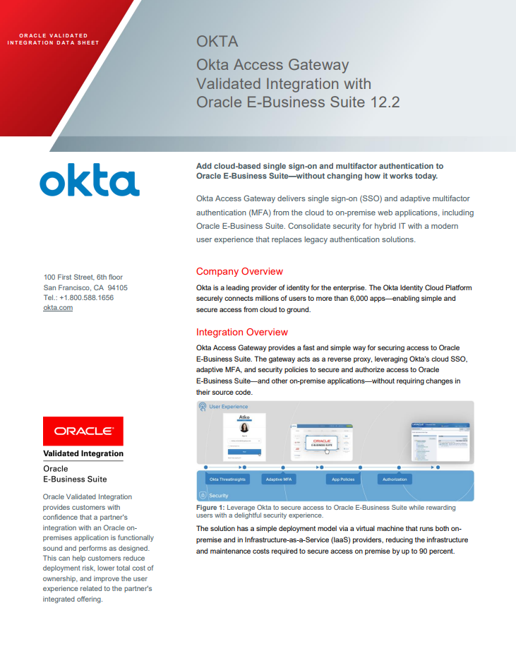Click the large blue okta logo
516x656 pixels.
(x=90, y=181)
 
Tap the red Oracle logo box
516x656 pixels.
(x=83, y=431)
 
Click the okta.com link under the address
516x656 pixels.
(x=58, y=308)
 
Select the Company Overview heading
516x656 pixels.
(x=239, y=272)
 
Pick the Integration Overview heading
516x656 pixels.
(x=242, y=332)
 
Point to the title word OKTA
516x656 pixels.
(x=217, y=42)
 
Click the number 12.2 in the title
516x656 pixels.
(x=385, y=102)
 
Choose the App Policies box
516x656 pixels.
(x=344, y=479)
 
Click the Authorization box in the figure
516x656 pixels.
(x=395, y=479)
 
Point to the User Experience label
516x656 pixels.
(x=228, y=407)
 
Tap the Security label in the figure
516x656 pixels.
(x=219, y=496)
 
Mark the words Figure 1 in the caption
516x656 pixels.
(x=210, y=508)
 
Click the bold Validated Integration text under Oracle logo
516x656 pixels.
(x=83, y=454)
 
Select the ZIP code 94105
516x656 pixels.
(x=117, y=288)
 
